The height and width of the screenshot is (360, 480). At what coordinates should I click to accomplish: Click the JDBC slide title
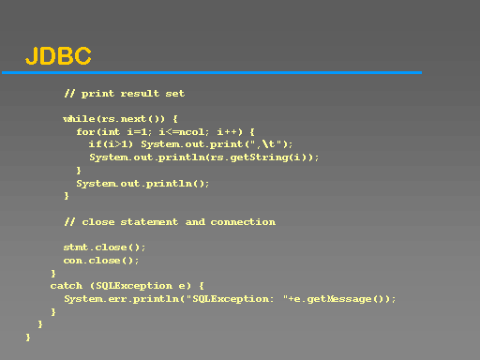[x=58, y=56]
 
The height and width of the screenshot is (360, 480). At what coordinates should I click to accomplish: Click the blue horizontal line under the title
[x=212, y=73]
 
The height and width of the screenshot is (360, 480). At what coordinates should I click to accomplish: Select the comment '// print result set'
[x=125, y=94]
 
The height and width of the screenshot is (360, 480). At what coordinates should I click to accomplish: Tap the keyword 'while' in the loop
[x=79, y=119]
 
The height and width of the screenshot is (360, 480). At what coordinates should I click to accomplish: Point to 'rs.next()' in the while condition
[x=130, y=119]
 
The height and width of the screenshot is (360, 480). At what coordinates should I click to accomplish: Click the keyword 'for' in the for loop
[x=85, y=132]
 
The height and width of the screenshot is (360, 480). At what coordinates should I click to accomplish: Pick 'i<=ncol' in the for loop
[x=182, y=132]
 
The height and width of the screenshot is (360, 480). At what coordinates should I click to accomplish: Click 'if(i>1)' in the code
[x=111, y=144]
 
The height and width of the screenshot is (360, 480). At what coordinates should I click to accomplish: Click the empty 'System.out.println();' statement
[x=142, y=184]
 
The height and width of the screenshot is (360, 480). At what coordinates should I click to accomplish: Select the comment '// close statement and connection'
[x=170, y=222]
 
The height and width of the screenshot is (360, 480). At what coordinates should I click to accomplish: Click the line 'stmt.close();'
[x=104, y=247]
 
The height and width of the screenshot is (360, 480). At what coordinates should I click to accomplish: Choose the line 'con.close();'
[x=101, y=261]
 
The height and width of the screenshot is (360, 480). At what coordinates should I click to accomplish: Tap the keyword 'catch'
[x=67, y=286]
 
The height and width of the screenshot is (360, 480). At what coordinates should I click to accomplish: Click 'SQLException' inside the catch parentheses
[x=134, y=286]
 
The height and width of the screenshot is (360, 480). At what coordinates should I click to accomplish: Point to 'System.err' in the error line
[x=96, y=299]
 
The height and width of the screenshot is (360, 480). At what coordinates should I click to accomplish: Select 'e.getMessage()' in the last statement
[x=338, y=299]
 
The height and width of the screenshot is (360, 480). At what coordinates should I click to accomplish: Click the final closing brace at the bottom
[x=28, y=337]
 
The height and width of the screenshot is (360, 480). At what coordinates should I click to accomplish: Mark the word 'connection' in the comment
[x=243, y=222]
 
